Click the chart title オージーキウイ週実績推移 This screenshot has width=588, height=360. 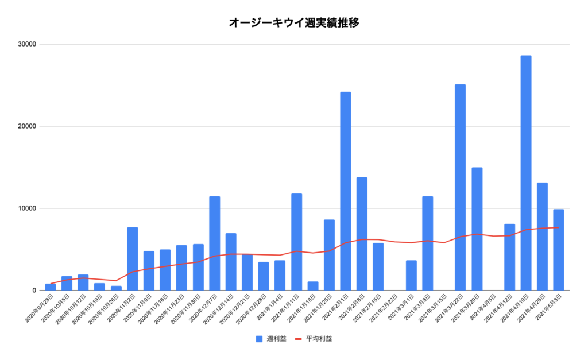(x=294, y=23)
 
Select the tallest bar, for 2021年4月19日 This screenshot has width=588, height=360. (x=525, y=172)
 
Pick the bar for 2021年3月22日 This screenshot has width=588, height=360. (x=460, y=187)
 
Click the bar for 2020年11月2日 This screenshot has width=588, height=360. (x=132, y=258)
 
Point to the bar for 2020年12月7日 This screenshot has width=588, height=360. (x=214, y=243)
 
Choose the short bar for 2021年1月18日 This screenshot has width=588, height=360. (x=312, y=286)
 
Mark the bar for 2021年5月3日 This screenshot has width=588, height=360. (x=558, y=250)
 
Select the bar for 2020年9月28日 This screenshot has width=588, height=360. (x=51, y=287)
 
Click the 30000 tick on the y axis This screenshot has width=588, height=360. (x=27, y=44)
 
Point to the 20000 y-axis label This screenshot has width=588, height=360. (x=27, y=126)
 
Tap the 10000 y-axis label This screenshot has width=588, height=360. (x=27, y=208)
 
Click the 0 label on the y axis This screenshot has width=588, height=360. (x=34, y=291)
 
